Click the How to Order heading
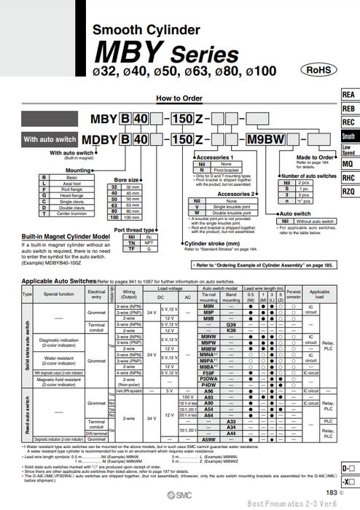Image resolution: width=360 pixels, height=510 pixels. pyautogui.click(x=179, y=98)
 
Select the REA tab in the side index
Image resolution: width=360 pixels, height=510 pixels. pyautogui.click(x=349, y=95)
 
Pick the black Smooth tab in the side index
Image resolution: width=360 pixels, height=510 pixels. pyautogui.click(x=349, y=136)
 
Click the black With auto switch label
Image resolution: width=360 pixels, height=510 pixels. pyautogui.click(x=50, y=138)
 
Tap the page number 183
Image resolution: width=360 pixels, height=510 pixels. pyautogui.click(x=331, y=493)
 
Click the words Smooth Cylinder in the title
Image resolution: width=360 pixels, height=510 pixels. pyautogui.click(x=145, y=30)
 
